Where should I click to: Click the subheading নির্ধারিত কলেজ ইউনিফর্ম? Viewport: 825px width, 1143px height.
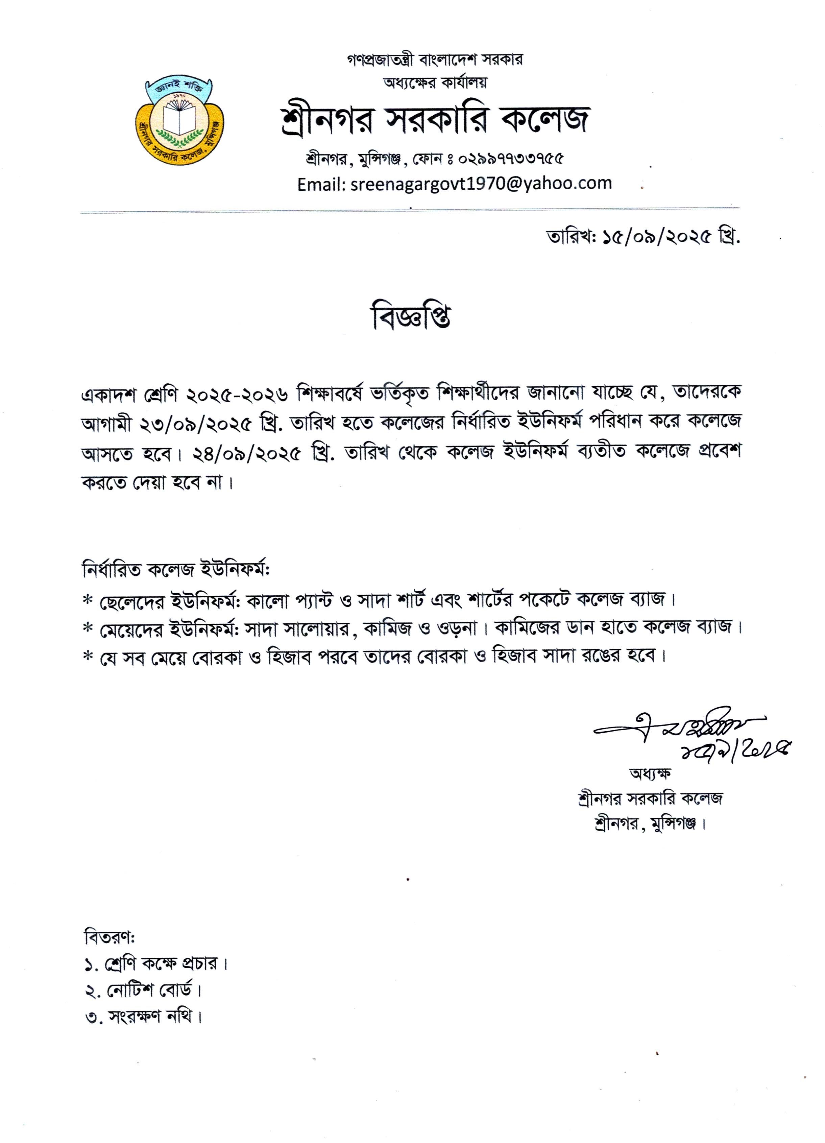(x=176, y=571)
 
